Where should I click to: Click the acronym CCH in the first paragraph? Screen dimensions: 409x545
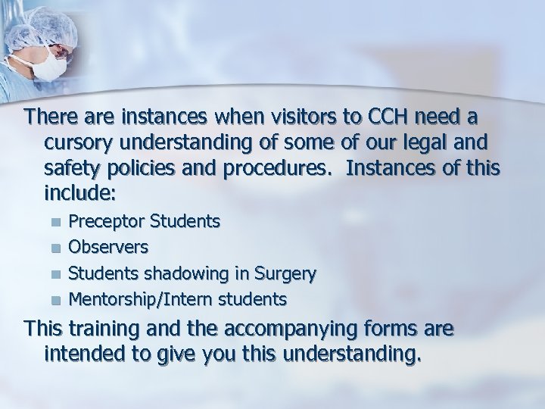point(386,119)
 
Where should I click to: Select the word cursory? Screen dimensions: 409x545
point(82,143)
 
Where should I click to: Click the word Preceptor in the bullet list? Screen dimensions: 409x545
point(107,221)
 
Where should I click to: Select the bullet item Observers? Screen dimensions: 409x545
point(108,247)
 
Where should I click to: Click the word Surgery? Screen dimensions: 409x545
point(288,273)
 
